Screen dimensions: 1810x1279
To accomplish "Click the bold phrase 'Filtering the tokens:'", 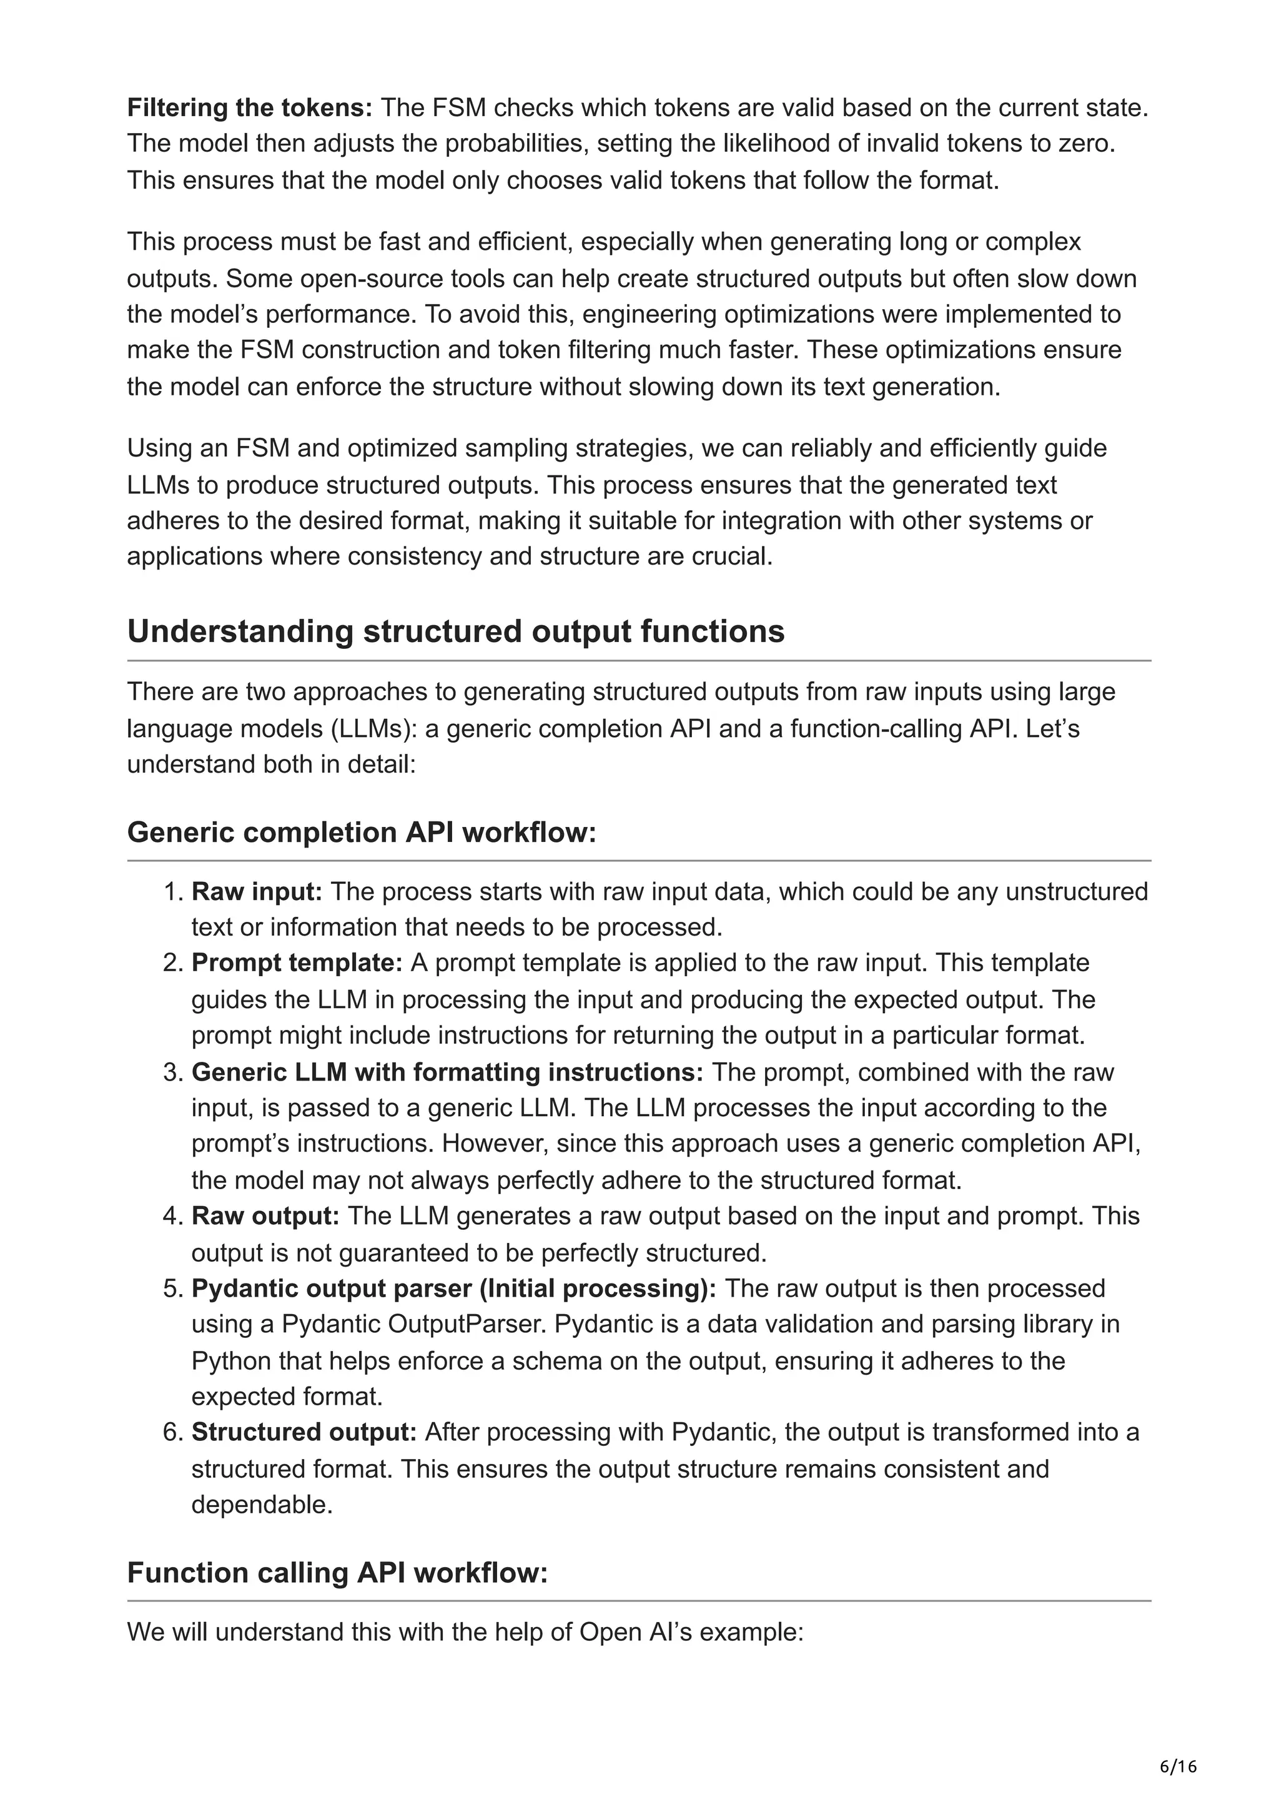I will click(250, 108).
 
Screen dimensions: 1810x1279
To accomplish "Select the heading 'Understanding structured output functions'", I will click(455, 631).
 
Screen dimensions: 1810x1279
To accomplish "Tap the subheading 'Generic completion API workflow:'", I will click(362, 832).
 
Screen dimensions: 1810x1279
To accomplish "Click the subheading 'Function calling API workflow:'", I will click(337, 1572).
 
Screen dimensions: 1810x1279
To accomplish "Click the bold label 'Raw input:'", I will click(257, 892).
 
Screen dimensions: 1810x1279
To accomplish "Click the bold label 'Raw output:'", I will click(265, 1215).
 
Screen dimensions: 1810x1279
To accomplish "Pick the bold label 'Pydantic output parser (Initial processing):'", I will click(454, 1288).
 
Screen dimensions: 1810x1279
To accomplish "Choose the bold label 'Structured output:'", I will click(304, 1432).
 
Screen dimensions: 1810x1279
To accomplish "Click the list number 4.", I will click(172, 1215).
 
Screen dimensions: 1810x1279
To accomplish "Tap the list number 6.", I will click(172, 1432).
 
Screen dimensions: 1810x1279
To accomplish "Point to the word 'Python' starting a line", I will click(229, 1361).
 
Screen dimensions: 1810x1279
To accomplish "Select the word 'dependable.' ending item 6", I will click(262, 1504).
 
